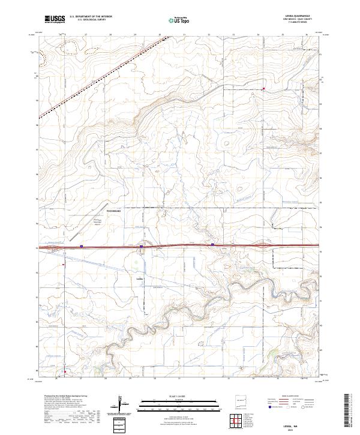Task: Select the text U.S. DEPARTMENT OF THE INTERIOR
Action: (x=91, y=17)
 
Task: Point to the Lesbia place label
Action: (x=139, y=279)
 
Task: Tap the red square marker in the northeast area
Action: (x=264, y=89)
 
